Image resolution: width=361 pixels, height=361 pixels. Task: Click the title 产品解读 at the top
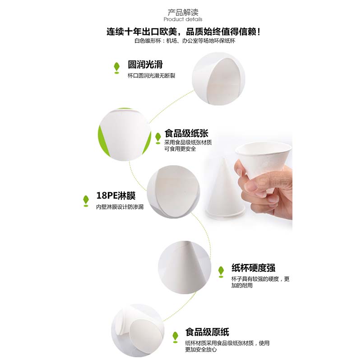pos(183,12)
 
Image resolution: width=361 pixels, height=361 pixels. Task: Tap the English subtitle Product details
pos(183,19)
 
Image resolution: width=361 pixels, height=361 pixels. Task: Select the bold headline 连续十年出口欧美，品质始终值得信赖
pos(183,32)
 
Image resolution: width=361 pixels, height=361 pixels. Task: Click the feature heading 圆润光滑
pos(145,65)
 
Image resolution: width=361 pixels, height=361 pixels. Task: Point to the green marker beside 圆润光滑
pos(117,68)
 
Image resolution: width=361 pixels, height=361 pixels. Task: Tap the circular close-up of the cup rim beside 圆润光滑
pos(218,79)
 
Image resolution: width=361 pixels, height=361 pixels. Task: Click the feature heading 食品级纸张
pos(186,133)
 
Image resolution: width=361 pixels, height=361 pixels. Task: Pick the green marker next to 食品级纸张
pos(158,139)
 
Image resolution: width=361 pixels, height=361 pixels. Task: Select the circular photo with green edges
pos(125,134)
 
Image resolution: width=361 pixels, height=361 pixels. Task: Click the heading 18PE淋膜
pos(116,195)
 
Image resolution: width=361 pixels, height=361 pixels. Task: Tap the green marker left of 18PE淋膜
pos(86,201)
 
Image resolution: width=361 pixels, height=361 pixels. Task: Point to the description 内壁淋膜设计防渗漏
pos(120,207)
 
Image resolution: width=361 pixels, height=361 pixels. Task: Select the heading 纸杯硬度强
pos(253,268)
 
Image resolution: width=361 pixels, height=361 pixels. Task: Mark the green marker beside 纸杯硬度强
pos(221,272)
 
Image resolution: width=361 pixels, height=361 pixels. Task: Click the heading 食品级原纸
pos(207,332)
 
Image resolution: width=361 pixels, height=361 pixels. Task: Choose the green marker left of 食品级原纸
pos(176,337)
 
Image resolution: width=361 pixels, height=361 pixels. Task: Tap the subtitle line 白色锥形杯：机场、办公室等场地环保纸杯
pos(185,41)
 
